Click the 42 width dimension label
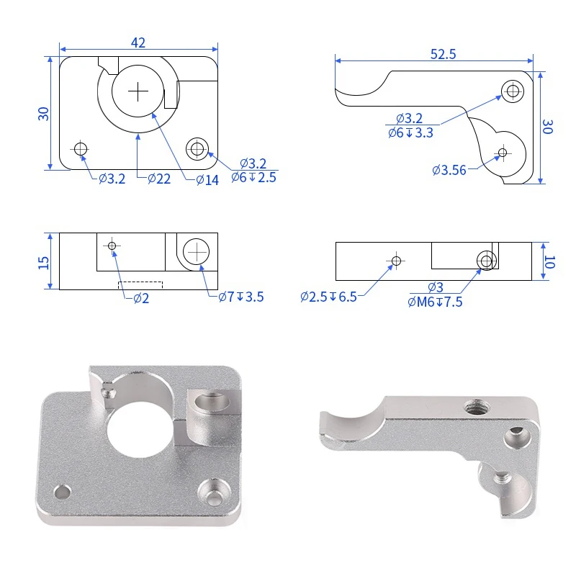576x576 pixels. [x=138, y=43]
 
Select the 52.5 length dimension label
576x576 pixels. [x=443, y=55]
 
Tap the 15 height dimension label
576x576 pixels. [x=44, y=262]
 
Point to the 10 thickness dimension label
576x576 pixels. [x=549, y=262]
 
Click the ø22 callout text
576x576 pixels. [x=159, y=179]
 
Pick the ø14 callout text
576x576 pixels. [x=207, y=180]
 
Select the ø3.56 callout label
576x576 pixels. [x=449, y=170]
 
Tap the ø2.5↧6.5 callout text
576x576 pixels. [x=329, y=297]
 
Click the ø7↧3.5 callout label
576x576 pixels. [x=241, y=297]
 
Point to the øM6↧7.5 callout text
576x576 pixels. [x=435, y=302]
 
